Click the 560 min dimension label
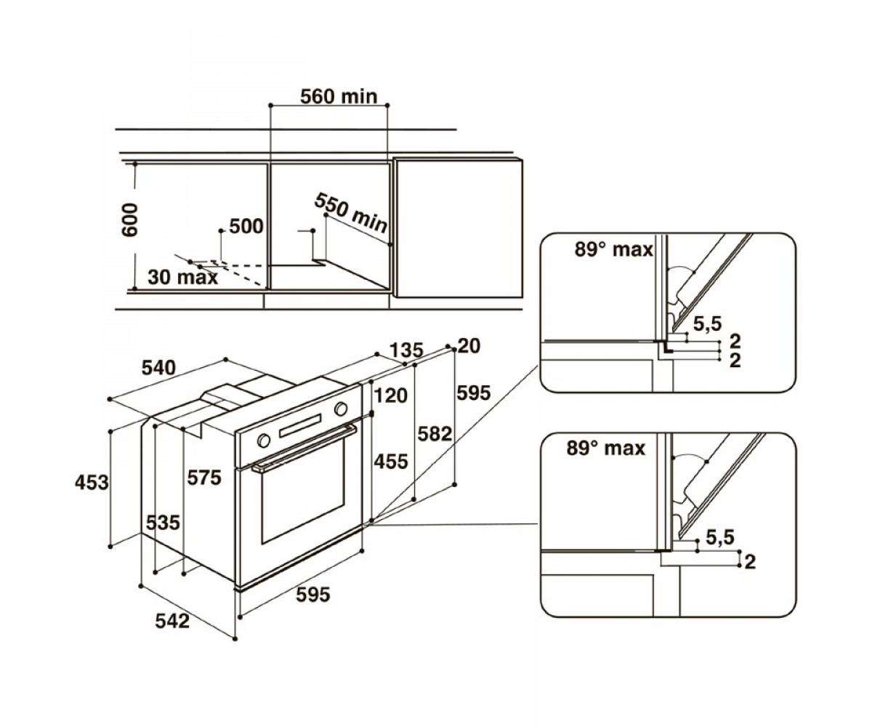coord(339,97)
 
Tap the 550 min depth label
coord(351,213)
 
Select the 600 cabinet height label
coord(130,220)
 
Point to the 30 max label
coord(183,277)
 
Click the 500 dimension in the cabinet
coord(246,226)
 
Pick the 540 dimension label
coord(158,368)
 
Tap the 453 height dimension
coord(92,483)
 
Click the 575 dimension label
coord(203,478)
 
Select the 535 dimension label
coord(163,522)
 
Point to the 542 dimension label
coord(172,622)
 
